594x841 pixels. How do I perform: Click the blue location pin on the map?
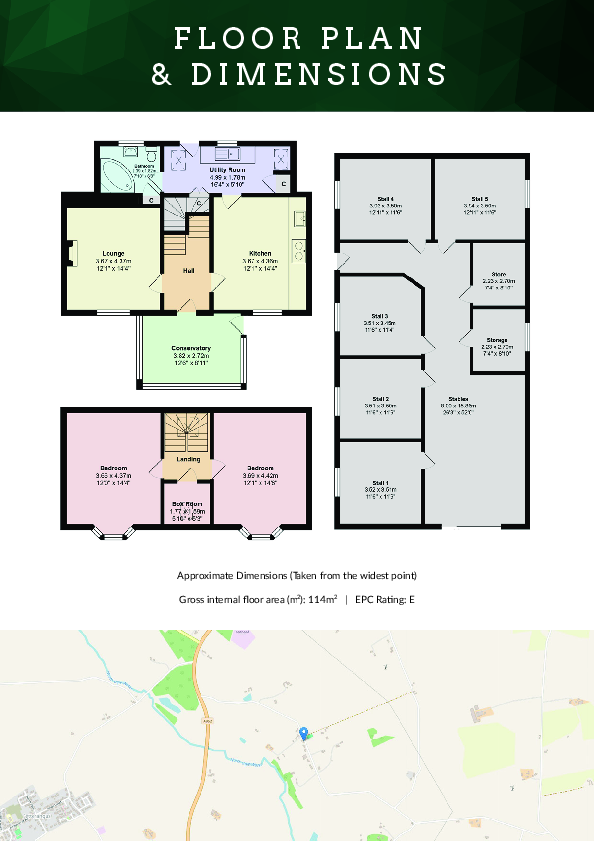point(304,733)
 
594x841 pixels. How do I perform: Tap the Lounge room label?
point(112,253)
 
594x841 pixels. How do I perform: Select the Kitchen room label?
point(260,253)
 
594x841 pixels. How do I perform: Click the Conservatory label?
point(192,348)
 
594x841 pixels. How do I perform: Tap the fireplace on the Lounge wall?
point(70,254)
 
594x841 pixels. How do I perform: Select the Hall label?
point(188,271)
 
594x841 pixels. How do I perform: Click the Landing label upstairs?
point(188,459)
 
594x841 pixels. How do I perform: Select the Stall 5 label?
point(480,198)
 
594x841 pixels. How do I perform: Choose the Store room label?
point(498,273)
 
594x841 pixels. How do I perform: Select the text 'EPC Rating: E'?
point(384,599)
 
